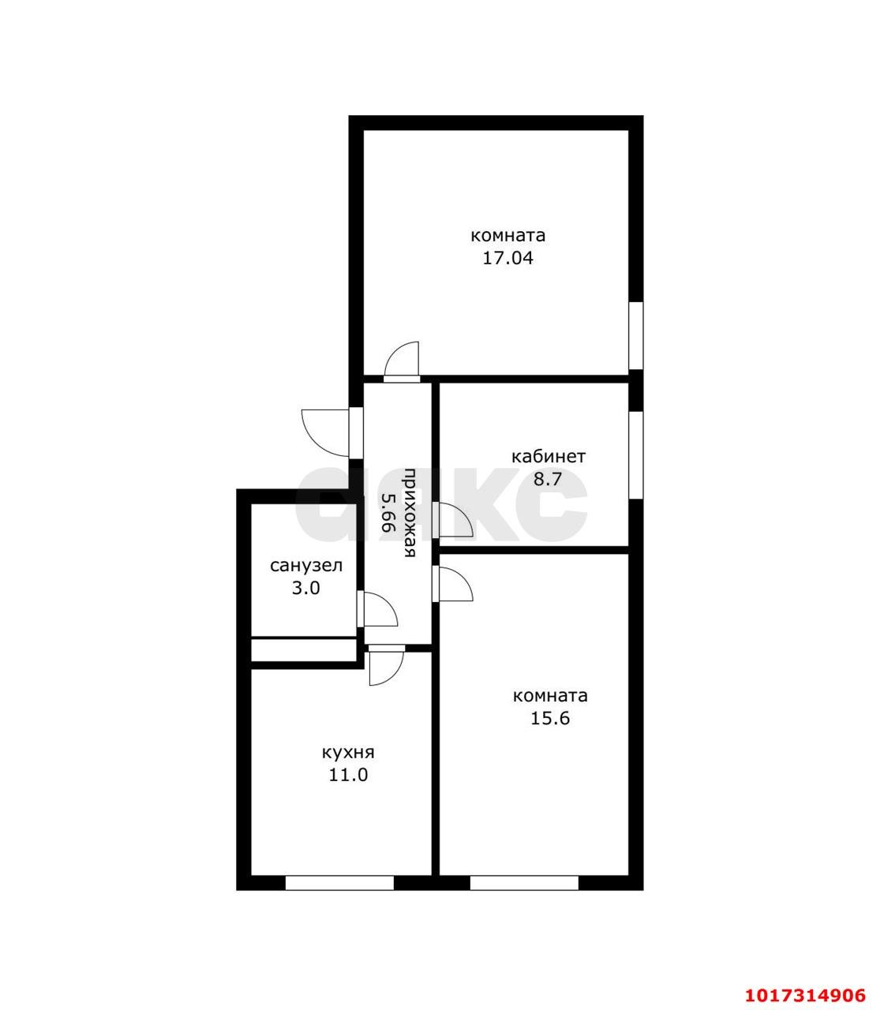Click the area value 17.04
coord(508,258)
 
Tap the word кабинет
coord(549,457)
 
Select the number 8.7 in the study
coord(548,479)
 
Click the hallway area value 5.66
coord(388,512)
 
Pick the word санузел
coord(305,566)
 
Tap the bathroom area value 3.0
coord(305,588)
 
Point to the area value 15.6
coord(550,718)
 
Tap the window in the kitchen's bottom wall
coord(339,883)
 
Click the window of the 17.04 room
coord(636,335)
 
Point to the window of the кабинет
coord(636,455)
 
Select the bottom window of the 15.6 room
coord(524,883)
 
